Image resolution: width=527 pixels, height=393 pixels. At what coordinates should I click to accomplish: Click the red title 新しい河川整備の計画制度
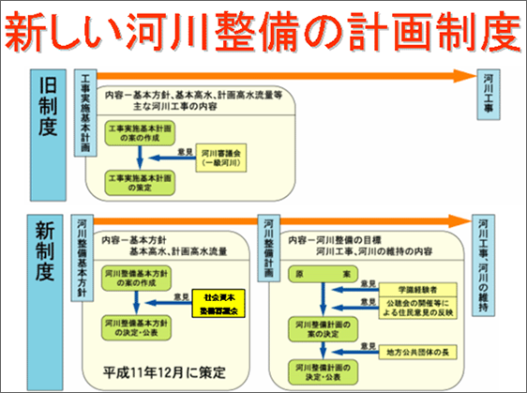263,32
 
